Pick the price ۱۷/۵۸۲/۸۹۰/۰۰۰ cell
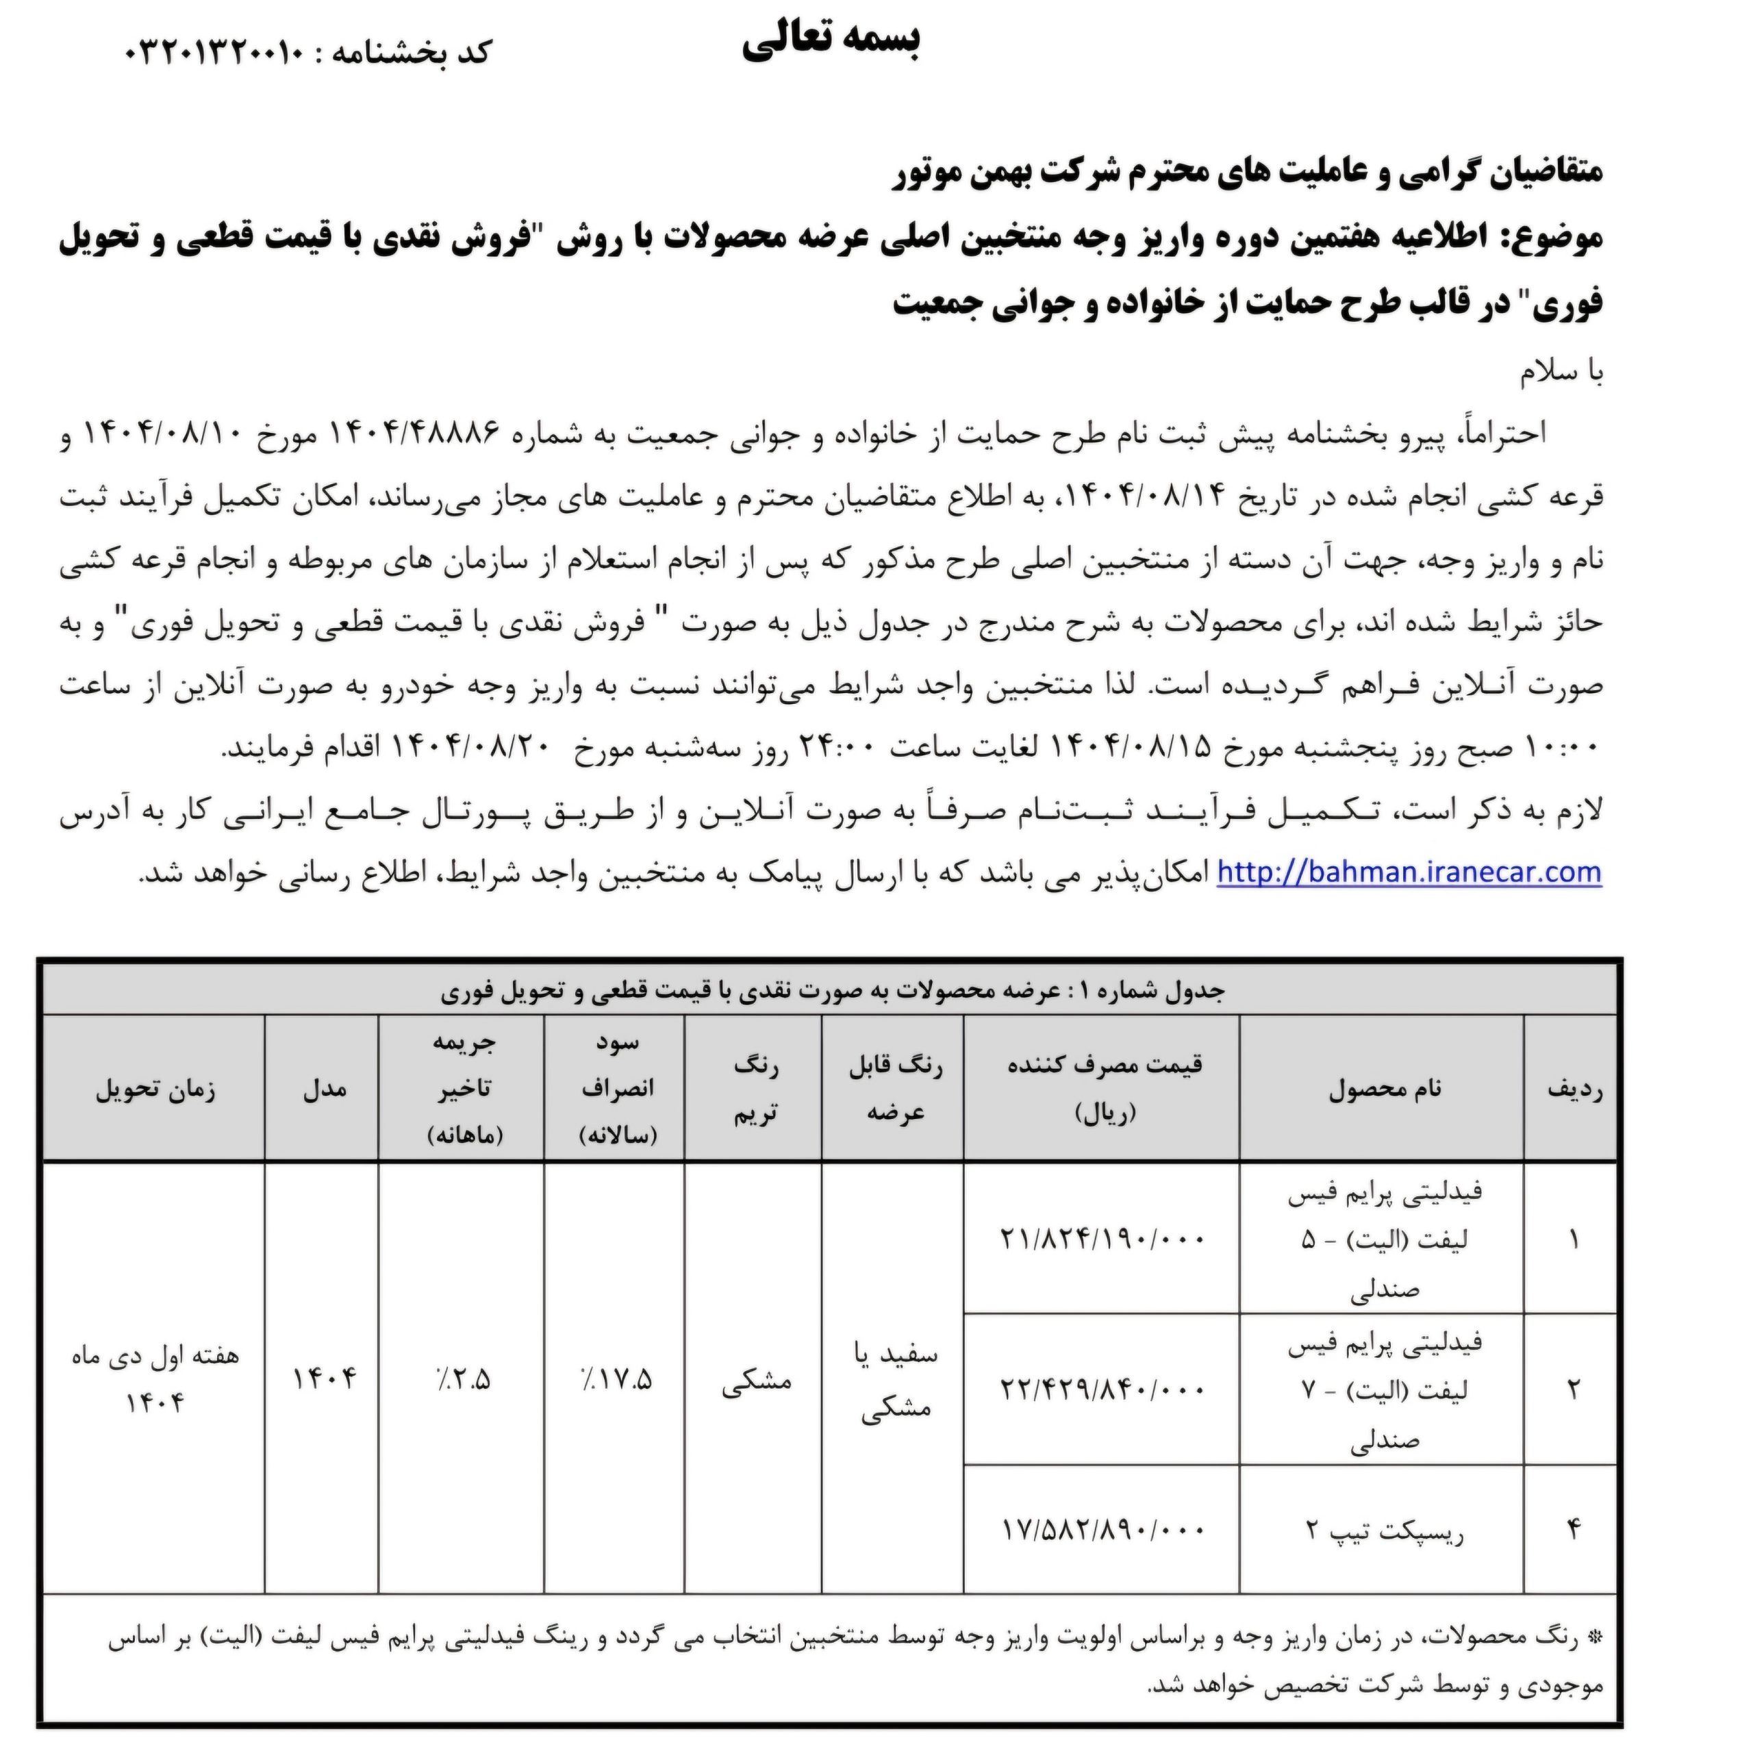(x=1102, y=1530)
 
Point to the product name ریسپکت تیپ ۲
(x=1384, y=1530)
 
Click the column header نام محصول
(x=1384, y=1089)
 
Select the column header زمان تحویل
(x=155, y=1089)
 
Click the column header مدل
(x=324, y=1089)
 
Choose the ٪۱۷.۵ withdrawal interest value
(x=615, y=1380)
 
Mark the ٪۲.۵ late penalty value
(x=462, y=1380)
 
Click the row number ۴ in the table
(x=1572, y=1530)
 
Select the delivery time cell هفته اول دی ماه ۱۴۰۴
(x=155, y=1379)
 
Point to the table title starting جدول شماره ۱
(x=832, y=992)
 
